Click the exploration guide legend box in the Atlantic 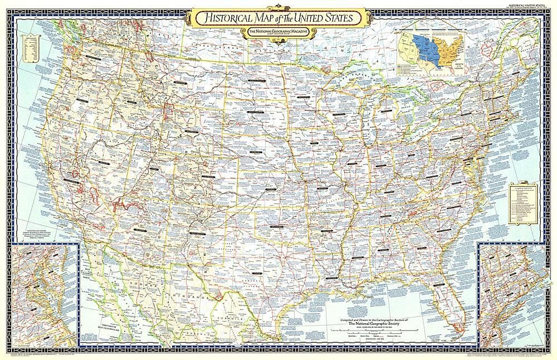pos(524,207)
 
